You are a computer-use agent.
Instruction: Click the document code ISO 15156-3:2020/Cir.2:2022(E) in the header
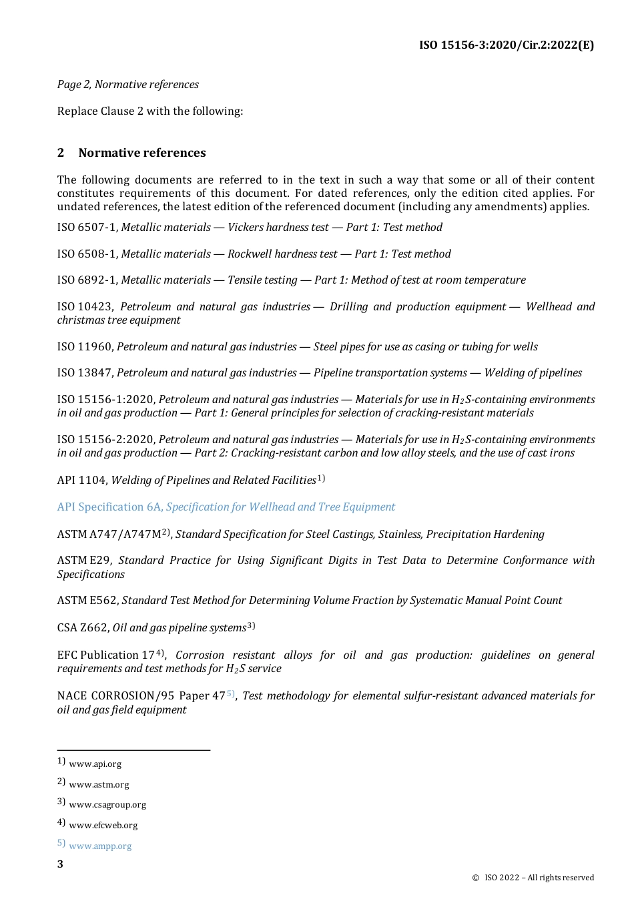[x=506, y=45]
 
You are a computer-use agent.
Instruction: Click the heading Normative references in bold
[x=141, y=153]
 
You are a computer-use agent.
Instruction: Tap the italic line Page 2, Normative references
[x=127, y=84]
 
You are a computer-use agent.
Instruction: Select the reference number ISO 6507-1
[x=87, y=228]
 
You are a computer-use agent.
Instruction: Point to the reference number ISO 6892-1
[x=87, y=280]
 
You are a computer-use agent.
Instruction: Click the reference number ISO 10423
[x=85, y=307]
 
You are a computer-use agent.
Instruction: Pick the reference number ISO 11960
[x=85, y=347]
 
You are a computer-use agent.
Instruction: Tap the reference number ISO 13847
[x=85, y=373]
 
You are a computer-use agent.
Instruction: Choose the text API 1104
[x=81, y=481]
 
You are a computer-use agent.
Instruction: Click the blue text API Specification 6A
[x=109, y=507]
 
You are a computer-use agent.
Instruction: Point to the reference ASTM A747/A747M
[x=109, y=535]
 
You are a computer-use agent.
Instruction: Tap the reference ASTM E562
[x=87, y=601]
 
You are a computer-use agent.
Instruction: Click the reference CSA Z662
[x=82, y=628]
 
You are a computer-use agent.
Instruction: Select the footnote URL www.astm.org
[x=99, y=785]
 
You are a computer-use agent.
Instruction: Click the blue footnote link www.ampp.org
[x=100, y=846]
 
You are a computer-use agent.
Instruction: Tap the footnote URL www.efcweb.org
[x=103, y=826]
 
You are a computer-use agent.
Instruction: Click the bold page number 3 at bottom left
[x=60, y=865]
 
